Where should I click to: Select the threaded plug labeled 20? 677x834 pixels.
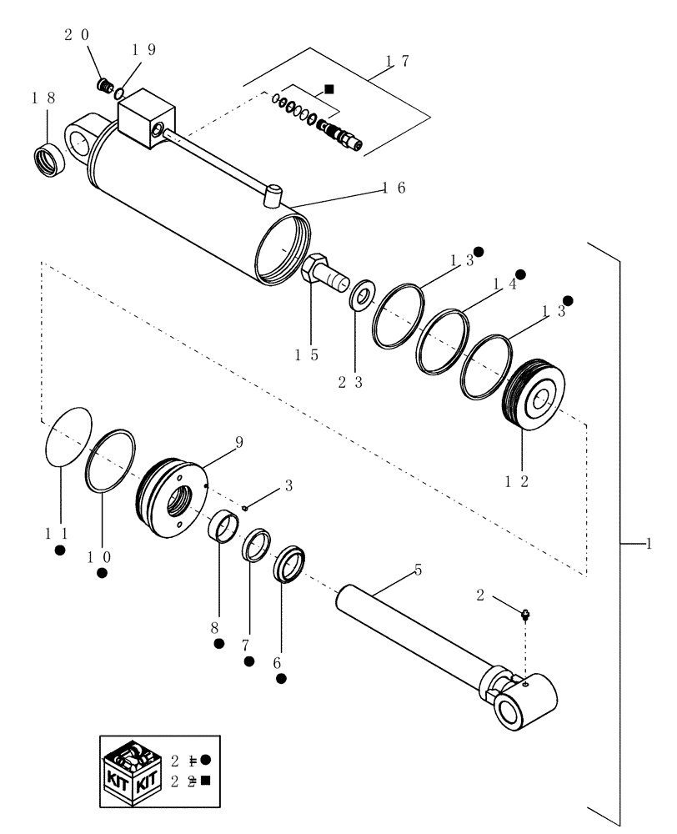point(105,85)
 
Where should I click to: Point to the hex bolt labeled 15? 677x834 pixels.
point(320,274)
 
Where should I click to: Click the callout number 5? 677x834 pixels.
point(418,570)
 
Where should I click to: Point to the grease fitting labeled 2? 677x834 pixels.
point(526,617)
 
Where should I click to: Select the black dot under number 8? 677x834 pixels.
point(218,643)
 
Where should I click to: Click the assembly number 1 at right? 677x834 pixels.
point(647,543)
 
